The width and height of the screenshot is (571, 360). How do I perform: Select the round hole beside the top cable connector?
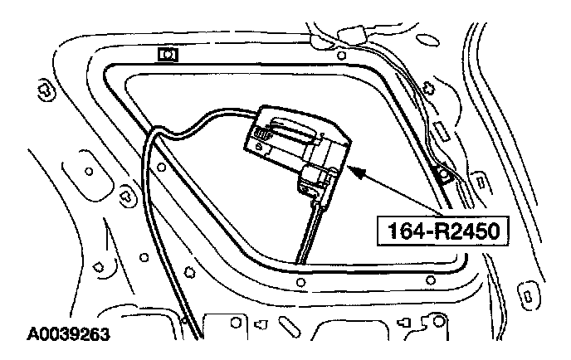click(341, 56)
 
